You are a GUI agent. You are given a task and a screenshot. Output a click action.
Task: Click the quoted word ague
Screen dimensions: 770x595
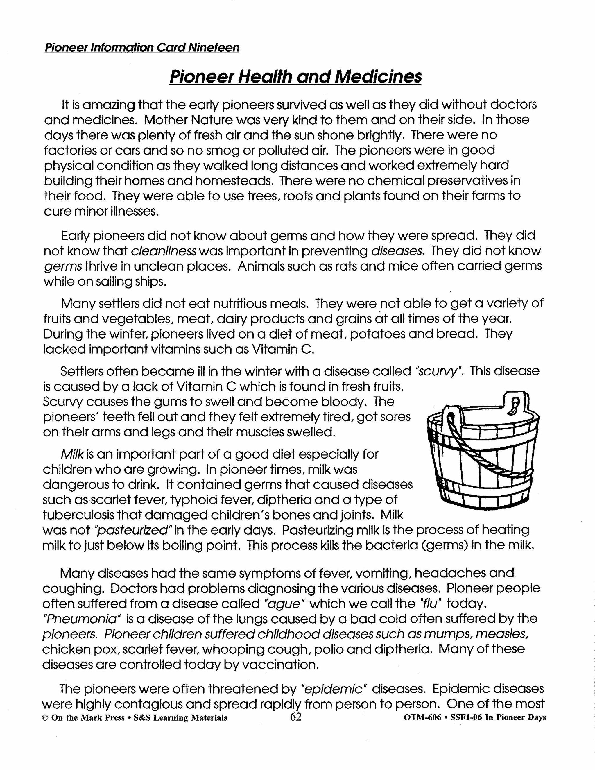tap(284, 604)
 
